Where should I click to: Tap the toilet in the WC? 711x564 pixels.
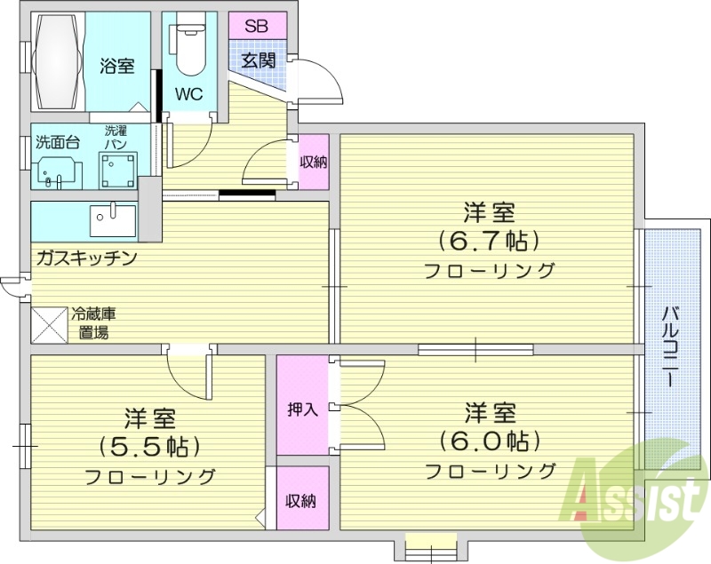189,50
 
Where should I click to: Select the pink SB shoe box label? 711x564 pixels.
257,25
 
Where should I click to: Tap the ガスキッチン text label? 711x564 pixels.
86,258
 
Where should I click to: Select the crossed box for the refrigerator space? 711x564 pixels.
49,324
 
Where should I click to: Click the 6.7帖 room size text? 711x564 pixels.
490,241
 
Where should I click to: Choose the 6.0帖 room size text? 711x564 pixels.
490,441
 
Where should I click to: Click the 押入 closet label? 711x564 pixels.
302,409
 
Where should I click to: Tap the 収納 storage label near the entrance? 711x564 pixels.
313,162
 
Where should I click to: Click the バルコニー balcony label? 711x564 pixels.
673,346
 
